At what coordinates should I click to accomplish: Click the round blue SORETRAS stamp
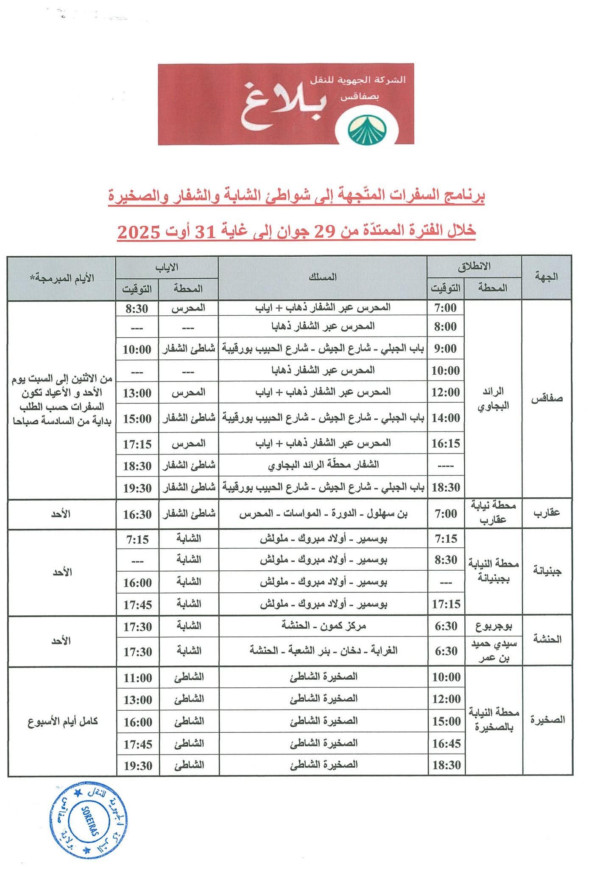pos(89,814)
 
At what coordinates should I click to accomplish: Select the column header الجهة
pos(547,277)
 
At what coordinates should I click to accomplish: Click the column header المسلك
pos(323,277)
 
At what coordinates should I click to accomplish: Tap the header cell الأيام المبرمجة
pos(62,278)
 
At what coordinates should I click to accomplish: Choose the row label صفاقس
pos(547,399)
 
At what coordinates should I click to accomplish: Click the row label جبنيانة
pos(547,571)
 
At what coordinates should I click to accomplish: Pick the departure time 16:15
pos(446,443)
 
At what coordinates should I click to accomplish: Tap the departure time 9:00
pos(446,349)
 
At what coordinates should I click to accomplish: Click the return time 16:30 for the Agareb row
pos(137,514)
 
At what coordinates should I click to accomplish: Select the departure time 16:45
pos(446,744)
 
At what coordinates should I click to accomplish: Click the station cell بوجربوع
pos(494,625)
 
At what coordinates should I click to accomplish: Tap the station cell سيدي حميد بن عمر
pos(494,650)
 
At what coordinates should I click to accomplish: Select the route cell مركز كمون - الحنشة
pos(323,625)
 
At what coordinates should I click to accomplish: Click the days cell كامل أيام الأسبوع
pos(63,721)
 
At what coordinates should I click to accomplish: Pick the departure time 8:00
pos(446,327)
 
